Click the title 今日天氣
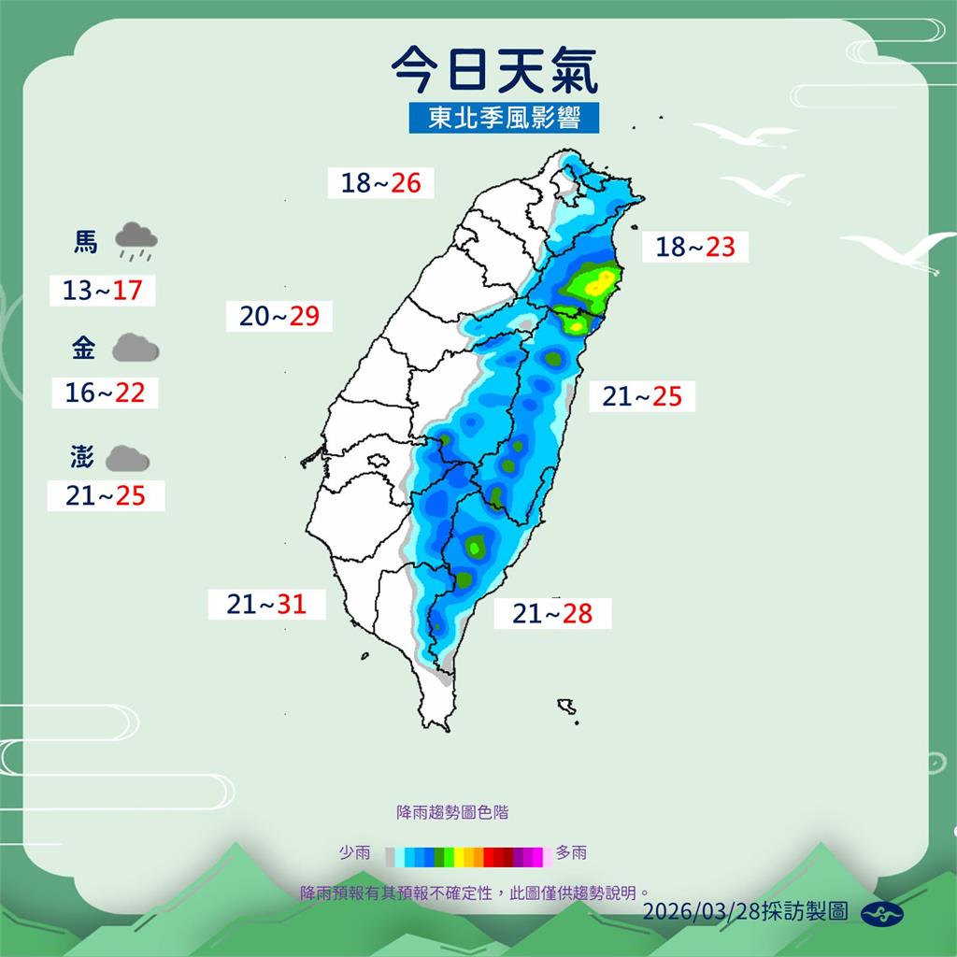click(x=493, y=70)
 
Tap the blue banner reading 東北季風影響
click(x=504, y=118)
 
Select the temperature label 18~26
click(x=380, y=182)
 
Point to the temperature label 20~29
click(x=279, y=316)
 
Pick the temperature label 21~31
click(x=266, y=605)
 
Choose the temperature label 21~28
click(x=552, y=613)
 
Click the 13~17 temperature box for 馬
click(x=102, y=290)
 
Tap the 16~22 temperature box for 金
click(x=105, y=393)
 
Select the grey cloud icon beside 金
click(x=136, y=350)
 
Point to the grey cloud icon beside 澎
click(x=127, y=458)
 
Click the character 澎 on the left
click(x=81, y=458)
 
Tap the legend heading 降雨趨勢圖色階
click(x=452, y=812)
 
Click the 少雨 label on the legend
click(x=354, y=852)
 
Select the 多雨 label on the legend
click(x=571, y=852)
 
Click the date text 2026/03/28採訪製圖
click(x=745, y=911)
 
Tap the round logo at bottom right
click(x=882, y=913)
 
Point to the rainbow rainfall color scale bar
click(x=464, y=854)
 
